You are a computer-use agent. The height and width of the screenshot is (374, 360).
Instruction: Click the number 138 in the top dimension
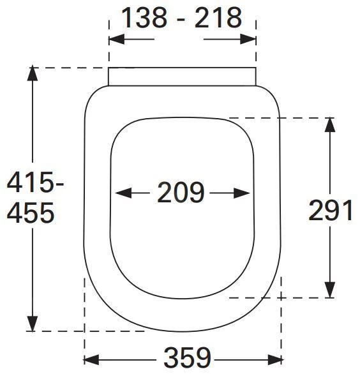tap(144, 18)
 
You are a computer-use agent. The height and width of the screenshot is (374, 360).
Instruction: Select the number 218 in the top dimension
tap(218, 18)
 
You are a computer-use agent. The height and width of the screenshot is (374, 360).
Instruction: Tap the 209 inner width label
tap(181, 192)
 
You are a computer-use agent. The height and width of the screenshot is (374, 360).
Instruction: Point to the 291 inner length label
tap(331, 210)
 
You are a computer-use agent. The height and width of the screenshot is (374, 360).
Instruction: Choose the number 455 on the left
tap(31, 213)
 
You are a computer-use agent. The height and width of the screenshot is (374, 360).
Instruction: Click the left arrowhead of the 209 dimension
tap(123, 193)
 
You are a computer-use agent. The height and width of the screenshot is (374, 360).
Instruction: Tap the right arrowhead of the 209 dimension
tap(242, 193)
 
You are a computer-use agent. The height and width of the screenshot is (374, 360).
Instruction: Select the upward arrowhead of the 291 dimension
tap(330, 124)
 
